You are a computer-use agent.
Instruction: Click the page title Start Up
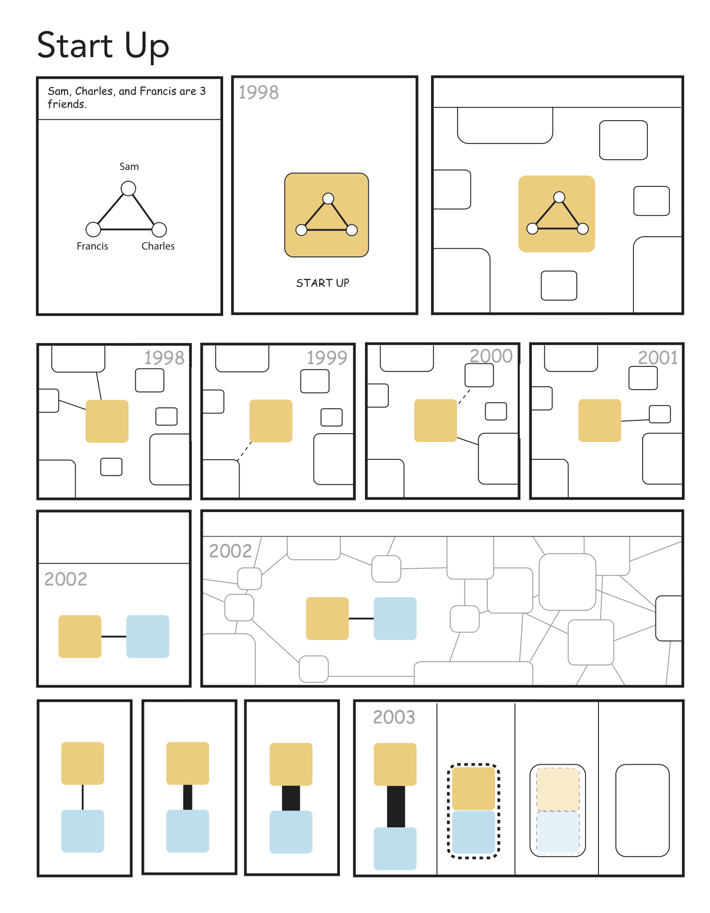pyautogui.click(x=103, y=45)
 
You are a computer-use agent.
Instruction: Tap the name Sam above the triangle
pyautogui.click(x=129, y=167)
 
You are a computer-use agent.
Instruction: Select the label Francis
pyautogui.click(x=92, y=246)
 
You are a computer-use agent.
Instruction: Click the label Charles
pyautogui.click(x=158, y=246)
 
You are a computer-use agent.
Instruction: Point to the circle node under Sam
pyautogui.click(x=128, y=189)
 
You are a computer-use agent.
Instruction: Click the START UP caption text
pyautogui.click(x=323, y=283)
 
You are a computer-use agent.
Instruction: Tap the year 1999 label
pyautogui.click(x=326, y=358)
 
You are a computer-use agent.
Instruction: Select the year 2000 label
pyautogui.click(x=491, y=356)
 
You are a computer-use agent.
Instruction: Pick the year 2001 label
pyautogui.click(x=658, y=358)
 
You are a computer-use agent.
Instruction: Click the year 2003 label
pyautogui.click(x=394, y=717)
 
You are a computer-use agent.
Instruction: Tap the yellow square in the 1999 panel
pyautogui.click(x=271, y=421)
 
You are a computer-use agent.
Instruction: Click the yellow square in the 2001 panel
pyautogui.click(x=600, y=420)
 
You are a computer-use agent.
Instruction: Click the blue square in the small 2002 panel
pyautogui.click(x=147, y=636)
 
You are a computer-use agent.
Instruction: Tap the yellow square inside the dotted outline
pyautogui.click(x=473, y=788)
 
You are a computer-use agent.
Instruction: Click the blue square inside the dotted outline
pyautogui.click(x=473, y=831)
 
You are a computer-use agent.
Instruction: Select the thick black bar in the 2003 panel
pyautogui.click(x=396, y=806)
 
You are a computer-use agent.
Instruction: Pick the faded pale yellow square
pyautogui.click(x=558, y=789)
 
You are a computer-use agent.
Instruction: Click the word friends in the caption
pyautogui.click(x=67, y=104)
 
